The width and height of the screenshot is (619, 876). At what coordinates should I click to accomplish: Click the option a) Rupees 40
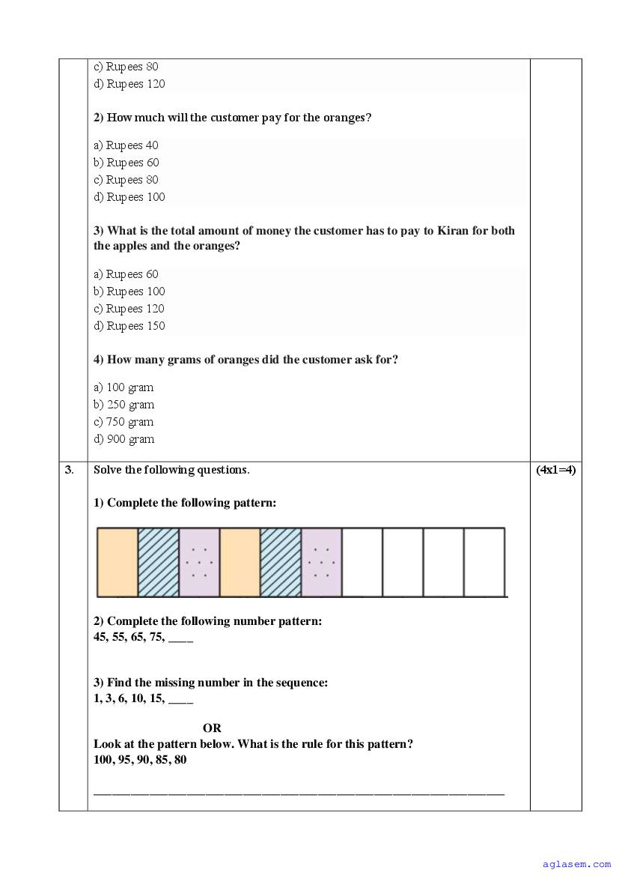[x=126, y=145]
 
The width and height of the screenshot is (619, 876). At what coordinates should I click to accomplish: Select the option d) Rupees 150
[x=129, y=326]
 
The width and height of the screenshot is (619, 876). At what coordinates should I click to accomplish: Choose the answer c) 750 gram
[x=124, y=422]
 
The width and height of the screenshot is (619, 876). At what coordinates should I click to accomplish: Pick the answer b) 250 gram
[x=124, y=405]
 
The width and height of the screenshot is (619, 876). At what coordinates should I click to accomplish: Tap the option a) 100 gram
[x=124, y=387]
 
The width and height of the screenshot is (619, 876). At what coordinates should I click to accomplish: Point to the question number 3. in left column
[x=70, y=471]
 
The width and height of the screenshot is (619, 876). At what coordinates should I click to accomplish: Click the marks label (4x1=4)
[x=555, y=471]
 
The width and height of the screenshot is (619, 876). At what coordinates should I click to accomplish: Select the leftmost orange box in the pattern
[x=118, y=562]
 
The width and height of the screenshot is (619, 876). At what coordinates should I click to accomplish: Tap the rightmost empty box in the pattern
[x=484, y=562]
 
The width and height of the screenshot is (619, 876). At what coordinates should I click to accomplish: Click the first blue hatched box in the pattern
[x=159, y=562]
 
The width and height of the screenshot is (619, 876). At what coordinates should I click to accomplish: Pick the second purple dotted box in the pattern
[x=321, y=562]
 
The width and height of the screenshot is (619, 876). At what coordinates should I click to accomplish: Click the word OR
[x=212, y=728]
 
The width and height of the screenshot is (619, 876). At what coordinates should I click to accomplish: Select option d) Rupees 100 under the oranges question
[x=129, y=197]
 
